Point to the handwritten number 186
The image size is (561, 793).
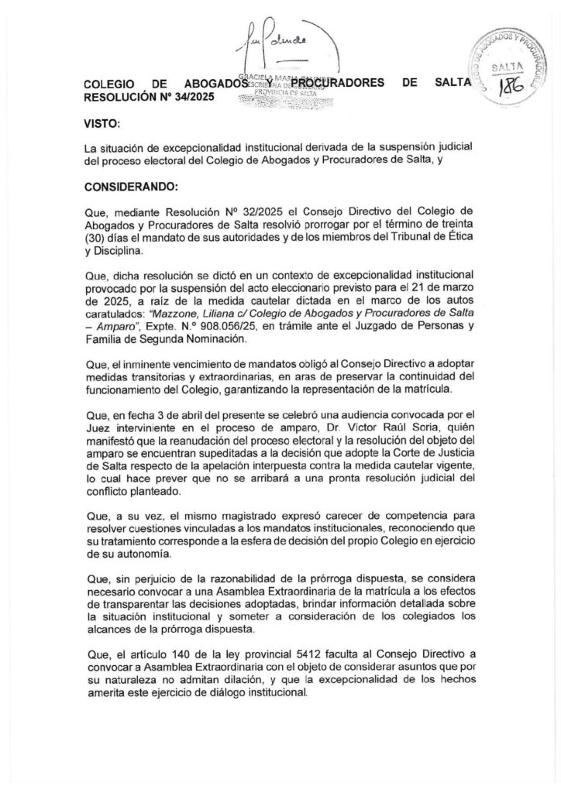(x=515, y=88)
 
